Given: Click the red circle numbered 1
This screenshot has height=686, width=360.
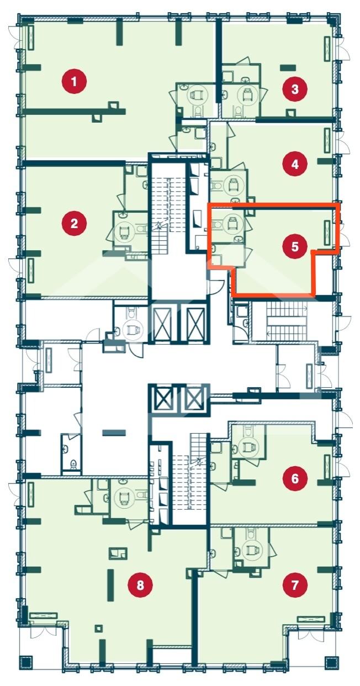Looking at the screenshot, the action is tap(74, 82).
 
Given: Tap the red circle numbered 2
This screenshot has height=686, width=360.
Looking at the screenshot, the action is tap(74, 224).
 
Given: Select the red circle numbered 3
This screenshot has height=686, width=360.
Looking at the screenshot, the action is tap(294, 89).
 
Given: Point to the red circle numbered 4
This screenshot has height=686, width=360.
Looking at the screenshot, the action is tap(294, 165).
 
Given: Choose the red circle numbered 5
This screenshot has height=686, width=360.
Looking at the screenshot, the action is tap(294, 246).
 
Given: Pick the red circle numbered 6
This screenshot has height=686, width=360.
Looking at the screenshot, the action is tap(294, 478).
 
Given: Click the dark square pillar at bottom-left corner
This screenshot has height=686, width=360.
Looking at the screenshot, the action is tap(25, 667).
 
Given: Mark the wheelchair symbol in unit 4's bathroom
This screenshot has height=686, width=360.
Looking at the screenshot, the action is tap(233, 184).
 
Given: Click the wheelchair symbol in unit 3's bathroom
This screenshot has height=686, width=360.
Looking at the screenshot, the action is tap(246, 95).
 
